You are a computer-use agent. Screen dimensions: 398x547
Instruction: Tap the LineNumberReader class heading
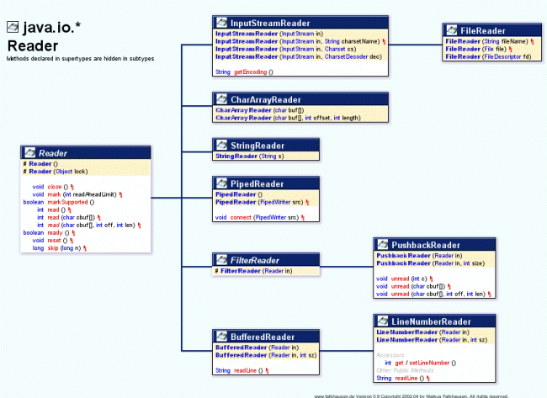pyautogui.click(x=432, y=321)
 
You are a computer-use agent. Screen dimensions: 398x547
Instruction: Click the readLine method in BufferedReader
pyautogui.click(x=249, y=370)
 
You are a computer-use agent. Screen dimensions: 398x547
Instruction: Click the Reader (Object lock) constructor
pyautogui.click(x=55, y=171)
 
